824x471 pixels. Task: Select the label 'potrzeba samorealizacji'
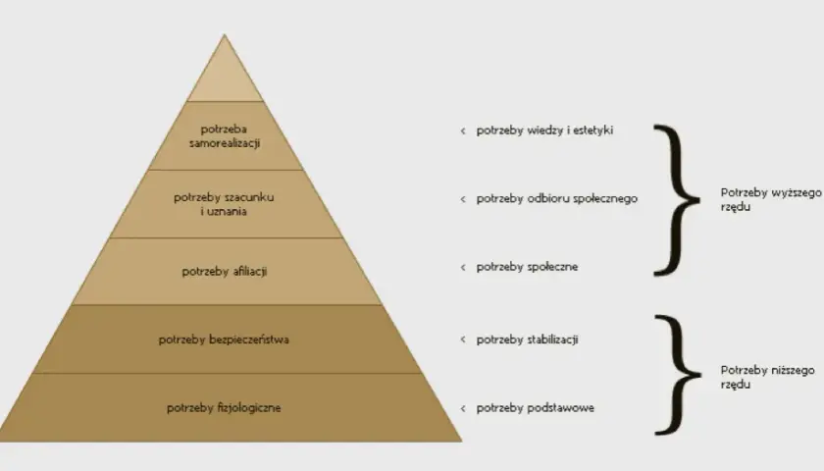pyautogui.click(x=225, y=136)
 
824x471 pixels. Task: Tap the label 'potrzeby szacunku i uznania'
pyautogui.click(x=224, y=204)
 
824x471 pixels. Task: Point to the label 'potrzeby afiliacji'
pyautogui.click(x=225, y=272)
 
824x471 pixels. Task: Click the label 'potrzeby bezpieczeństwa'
pyautogui.click(x=224, y=340)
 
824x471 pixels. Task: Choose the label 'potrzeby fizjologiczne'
pyautogui.click(x=224, y=408)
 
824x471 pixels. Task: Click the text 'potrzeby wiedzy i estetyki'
pyautogui.click(x=544, y=131)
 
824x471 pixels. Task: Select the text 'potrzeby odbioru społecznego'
pyautogui.click(x=557, y=198)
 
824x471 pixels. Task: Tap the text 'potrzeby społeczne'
pyautogui.click(x=527, y=267)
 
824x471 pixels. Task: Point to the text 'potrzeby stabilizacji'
pyautogui.click(x=527, y=340)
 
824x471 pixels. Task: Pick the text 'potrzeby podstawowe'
pyautogui.click(x=535, y=408)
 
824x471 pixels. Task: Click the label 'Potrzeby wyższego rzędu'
pyautogui.click(x=770, y=200)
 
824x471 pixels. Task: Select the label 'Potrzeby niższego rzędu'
pyautogui.click(x=767, y=377)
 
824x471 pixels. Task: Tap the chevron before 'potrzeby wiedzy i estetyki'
pyautogui.click(x=463, y=131)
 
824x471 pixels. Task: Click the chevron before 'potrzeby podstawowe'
pyautogui.click(x=463, y=408)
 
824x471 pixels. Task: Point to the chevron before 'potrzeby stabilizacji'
pyautogui.click(x=463, y=340)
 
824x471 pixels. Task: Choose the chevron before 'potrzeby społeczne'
pyautogui.click(x=463, y=268)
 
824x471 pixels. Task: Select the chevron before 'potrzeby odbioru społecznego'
pyautogui.click(x=463, y=199)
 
